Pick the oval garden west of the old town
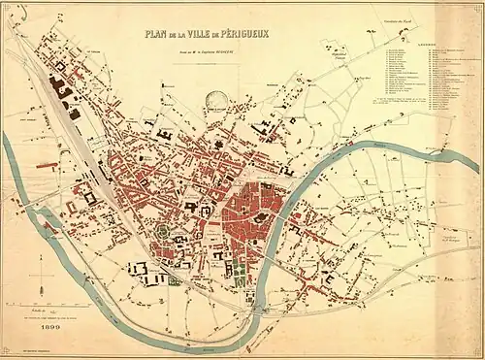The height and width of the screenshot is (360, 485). click(x=158, y=234)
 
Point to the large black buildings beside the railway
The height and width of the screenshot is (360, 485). click(x=62, y=90)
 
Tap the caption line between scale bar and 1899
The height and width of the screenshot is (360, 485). click(x=46, y=318)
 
